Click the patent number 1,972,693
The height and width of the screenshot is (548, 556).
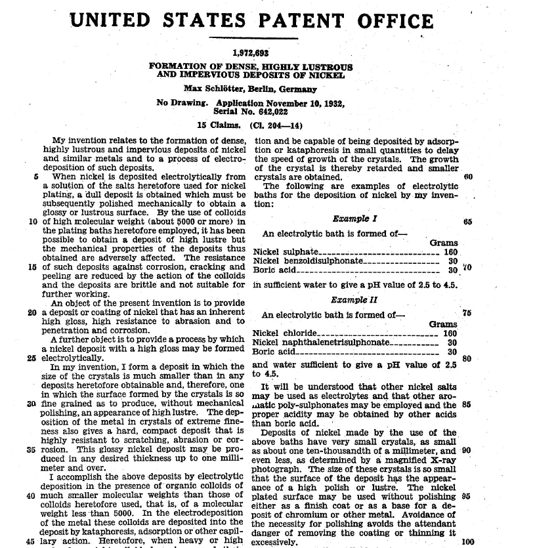251,53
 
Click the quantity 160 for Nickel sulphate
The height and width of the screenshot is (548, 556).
450,252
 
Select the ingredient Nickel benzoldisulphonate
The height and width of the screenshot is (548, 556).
308,261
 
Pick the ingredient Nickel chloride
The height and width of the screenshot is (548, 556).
284,333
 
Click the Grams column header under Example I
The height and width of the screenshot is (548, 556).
444,243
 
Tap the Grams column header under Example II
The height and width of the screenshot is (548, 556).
443,324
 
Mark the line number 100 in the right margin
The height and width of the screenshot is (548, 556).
467,541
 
